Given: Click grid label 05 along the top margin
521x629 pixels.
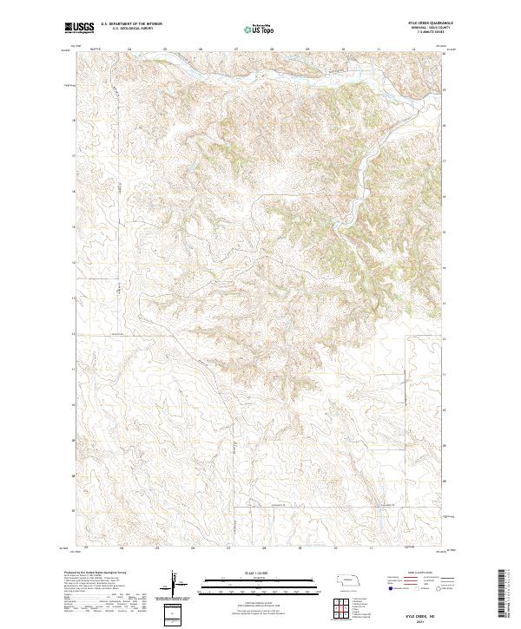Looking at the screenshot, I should (165, 49).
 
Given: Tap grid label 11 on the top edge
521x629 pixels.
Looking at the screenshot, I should (379, 49).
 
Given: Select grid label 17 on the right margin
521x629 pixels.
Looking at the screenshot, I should (445, 161).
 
